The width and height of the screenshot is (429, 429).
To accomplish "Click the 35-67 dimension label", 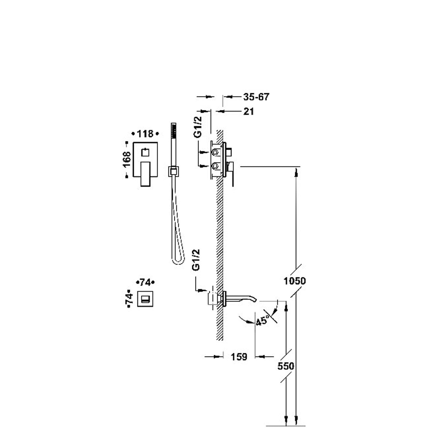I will (256, 97).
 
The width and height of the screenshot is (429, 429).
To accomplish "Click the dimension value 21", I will (248, 111).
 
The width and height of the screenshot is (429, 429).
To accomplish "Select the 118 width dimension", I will (145, 134).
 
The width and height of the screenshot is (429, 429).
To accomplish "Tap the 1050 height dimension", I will (295, 281).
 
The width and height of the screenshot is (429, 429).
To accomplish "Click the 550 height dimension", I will (286, 366).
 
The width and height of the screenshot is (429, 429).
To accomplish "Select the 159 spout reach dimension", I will (239, 357).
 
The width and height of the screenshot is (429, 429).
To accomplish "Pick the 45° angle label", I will (262, 321).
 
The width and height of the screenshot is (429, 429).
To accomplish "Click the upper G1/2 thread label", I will (197, 127).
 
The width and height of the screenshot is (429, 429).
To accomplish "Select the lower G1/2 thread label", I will (196, 260).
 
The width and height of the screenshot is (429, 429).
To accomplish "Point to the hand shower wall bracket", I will (173, 171).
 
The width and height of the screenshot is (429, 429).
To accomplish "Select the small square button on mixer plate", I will (145, 153).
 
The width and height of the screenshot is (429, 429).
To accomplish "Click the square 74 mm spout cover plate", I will (145, 299).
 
